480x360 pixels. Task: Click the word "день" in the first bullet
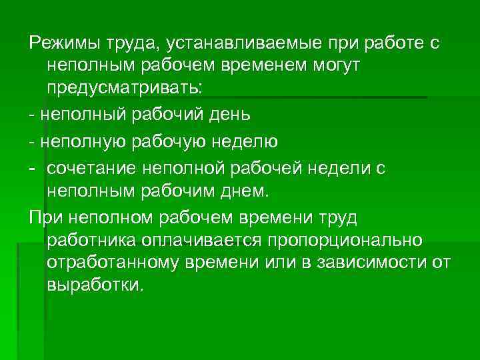coord(229,115)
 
